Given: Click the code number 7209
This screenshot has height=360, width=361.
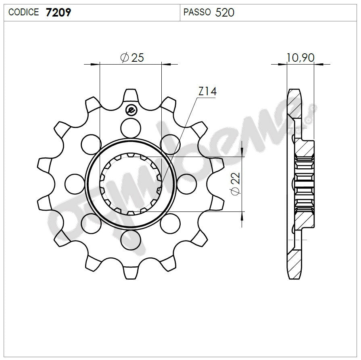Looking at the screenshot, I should point(59,13).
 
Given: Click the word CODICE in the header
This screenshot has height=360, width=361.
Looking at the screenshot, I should point(24,13).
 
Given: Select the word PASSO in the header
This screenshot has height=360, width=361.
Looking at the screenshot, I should point(197,13).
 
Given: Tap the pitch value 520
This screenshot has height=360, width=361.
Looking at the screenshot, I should point(225,13).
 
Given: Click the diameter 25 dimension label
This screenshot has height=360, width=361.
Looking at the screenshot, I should point(133,58).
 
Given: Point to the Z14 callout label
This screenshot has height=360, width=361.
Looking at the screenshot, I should point(207,92).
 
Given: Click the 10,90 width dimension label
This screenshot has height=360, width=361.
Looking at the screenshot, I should point(300,58).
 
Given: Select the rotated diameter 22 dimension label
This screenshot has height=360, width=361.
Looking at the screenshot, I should point(236,184).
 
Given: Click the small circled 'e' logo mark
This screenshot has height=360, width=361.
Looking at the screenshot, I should point(131,109).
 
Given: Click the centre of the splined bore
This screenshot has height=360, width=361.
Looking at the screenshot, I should point(131,184).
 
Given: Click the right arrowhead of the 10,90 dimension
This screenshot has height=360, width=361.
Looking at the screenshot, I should point(319,63).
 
